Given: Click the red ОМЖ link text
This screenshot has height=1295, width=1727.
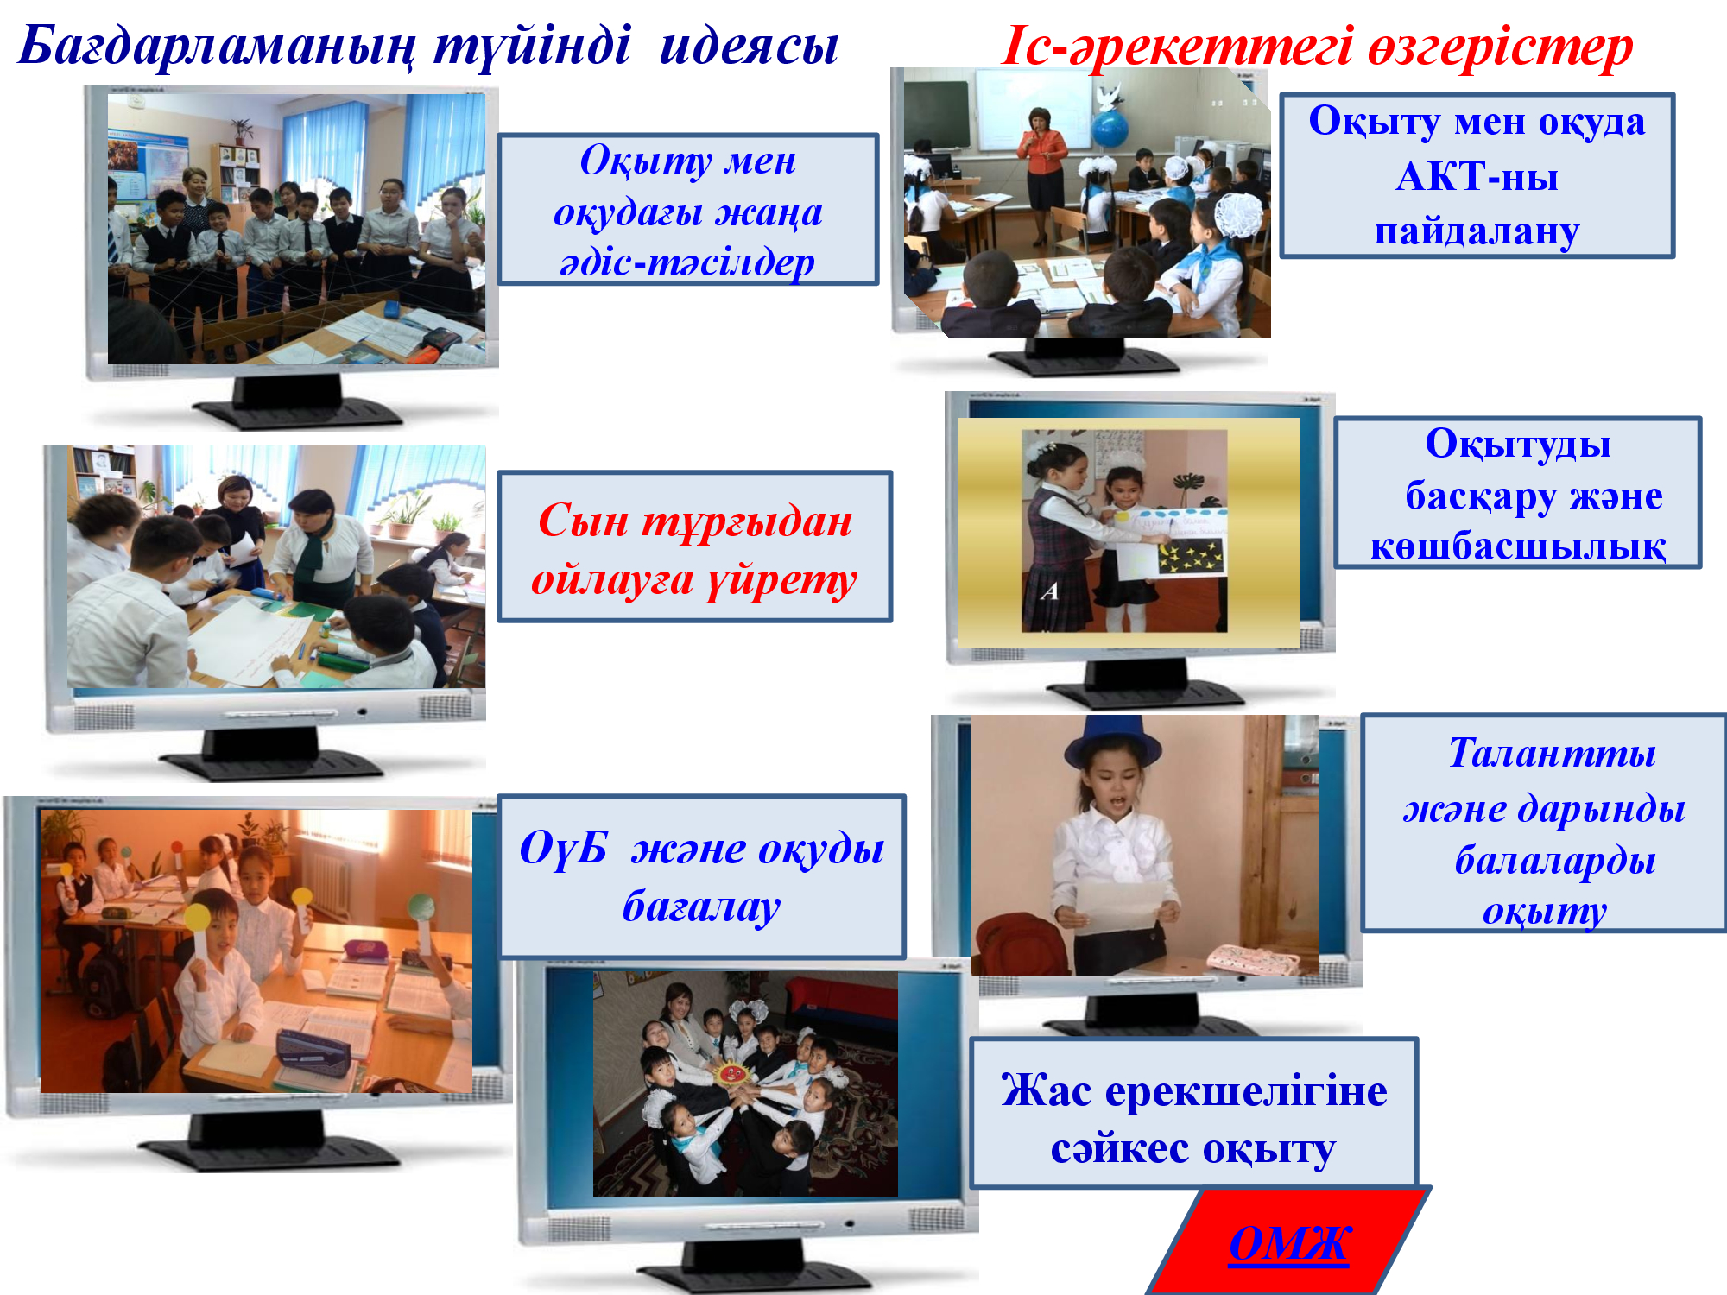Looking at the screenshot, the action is [x=1288, y=1243].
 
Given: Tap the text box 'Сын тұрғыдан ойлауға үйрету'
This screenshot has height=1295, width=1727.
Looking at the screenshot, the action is [x=694, y=546].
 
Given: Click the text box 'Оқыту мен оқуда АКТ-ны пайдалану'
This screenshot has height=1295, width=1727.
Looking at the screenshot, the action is [x=1477, y=175].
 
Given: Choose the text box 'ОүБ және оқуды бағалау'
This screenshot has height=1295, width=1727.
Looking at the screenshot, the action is [x=701, y=876].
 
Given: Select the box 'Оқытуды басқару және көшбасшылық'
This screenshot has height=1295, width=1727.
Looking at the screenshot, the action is [x=1517, y=493].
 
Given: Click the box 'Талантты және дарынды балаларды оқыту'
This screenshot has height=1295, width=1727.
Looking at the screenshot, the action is [x=1544, y=823].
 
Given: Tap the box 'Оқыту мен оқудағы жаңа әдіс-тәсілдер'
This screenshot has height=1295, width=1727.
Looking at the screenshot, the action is [x=688, y=210].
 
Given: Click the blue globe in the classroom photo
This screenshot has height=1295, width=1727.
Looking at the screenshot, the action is [x=1110, y=130].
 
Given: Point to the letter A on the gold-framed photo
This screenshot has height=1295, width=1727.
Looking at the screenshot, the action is [x=1049, y=591].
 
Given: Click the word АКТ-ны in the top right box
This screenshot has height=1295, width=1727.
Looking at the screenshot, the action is [x=1477, y=177].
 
